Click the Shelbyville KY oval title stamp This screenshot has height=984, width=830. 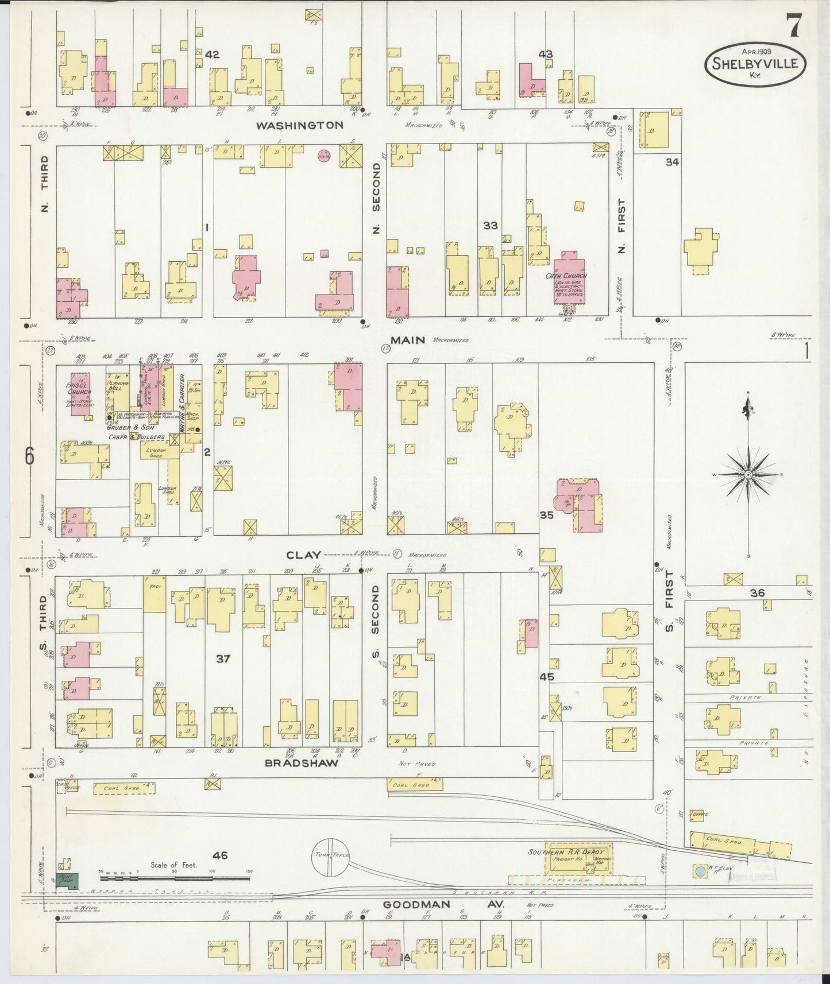[x=755, y=64]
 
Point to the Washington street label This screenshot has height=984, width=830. [x=299, y=125]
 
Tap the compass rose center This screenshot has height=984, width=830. [x=748, y=475]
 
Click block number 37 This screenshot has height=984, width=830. [x=223, y=658]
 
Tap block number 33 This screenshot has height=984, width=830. [x=490, y=226]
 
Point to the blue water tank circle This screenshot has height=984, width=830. [x=700, y=871]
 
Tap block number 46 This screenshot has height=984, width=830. [x=220, y=855]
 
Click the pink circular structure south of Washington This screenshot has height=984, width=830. [x=323, y=156]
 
